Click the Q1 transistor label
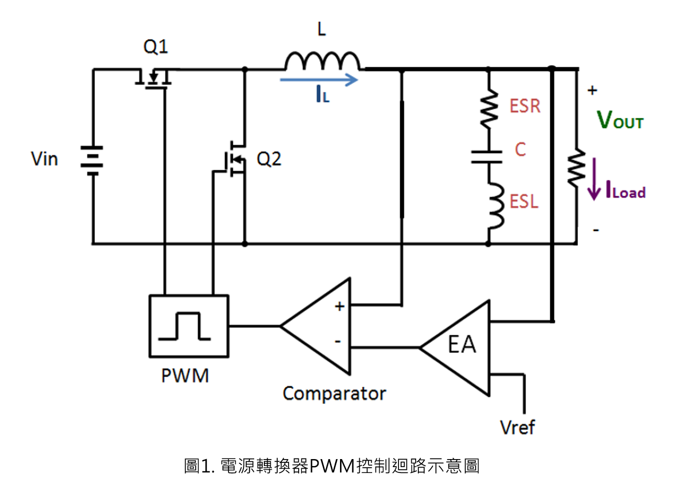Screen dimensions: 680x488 pos(156,47)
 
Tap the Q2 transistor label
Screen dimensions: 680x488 pos(269,159)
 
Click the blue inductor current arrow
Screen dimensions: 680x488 pos(319,80)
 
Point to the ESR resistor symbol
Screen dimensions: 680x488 pos(489,109)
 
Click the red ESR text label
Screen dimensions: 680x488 pos(525,106)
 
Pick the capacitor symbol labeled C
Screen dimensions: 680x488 pos(486,157)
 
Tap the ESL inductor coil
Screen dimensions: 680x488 pos(496,205)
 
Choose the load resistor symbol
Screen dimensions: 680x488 pos(576,168)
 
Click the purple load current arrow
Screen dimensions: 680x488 pos(594,179)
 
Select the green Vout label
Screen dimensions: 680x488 pos(620,120)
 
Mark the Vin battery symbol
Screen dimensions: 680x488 pos(92,161)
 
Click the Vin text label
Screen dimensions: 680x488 pos(45,159)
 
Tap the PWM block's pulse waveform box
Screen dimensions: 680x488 pos(189,326)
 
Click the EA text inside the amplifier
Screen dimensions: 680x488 pos(462,344)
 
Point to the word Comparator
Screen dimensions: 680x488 pos(334,394)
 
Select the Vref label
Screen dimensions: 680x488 pos(518,427)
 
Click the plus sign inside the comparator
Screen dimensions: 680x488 pos(339,306)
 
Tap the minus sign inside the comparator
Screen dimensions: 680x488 pos(337,342)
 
